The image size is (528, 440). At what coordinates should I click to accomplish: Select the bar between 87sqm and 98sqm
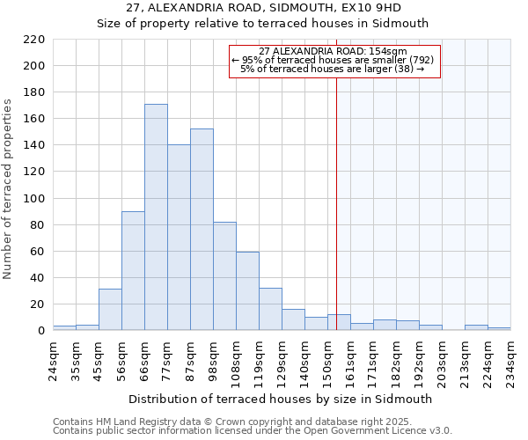(x=202, y=230)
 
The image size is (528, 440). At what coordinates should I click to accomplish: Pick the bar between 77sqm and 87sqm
(x=179, y=238)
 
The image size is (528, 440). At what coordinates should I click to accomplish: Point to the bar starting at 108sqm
(x=247, y=291)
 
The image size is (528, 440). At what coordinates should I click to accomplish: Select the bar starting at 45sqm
(x=110, y=310)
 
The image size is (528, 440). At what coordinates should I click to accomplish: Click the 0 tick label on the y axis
(x=40, y=331)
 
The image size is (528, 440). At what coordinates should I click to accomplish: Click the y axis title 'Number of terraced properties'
(x=9, y=189)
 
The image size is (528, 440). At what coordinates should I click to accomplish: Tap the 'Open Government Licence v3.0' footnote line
(x=253, y=431)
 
